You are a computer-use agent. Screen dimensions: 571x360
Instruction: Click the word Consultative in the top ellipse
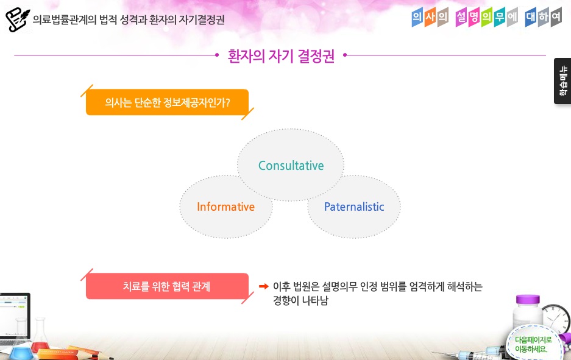tap(291, 166)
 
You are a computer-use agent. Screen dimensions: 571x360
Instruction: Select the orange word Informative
tap(225, 206)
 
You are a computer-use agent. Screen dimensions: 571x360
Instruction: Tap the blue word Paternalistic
tap(354, 206)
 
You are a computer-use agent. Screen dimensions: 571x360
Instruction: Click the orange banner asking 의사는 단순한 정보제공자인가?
tap(167, 102)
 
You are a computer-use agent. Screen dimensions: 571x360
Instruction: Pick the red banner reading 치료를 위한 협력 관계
tap(167, 286)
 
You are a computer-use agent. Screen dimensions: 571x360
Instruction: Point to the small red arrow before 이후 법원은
tap(264, 286)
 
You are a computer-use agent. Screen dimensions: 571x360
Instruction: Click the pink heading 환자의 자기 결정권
tap(281, 56)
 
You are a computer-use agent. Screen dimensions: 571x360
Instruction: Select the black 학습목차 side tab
tap(562, 81)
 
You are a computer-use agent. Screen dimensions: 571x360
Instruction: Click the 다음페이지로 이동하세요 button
tap(533, 344)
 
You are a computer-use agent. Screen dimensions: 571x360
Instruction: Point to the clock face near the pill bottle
tap(556, 319)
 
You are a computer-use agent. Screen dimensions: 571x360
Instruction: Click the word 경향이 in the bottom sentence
tap(286, 301)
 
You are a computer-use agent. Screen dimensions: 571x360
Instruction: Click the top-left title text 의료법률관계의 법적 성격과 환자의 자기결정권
tap(129, 19)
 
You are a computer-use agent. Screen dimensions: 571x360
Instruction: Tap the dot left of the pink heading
tap(217, 55)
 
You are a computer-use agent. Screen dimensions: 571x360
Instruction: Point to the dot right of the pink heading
tap(345, 55)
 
